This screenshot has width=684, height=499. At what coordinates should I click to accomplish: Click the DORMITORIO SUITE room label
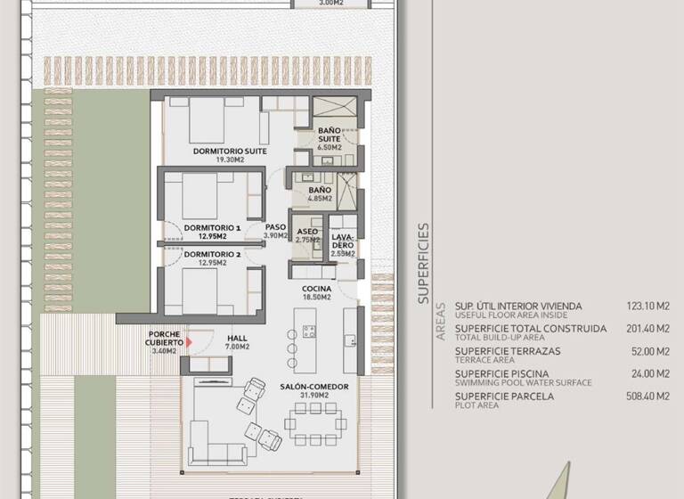pyautogui.click(x=231, y=151)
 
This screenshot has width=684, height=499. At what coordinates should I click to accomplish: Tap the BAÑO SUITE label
pyautogui.click(x=330, y=135)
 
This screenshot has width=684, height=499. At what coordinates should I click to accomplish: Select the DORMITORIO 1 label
pyautogui.click(x=213, y=228)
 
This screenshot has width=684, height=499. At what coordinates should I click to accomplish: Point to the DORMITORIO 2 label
pyautogui.click(x=213, y=254)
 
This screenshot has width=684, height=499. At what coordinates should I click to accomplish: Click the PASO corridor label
pyautogui.click(x=276, y=228)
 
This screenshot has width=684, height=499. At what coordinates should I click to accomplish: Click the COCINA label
pyautogui.click(x=316, y=290)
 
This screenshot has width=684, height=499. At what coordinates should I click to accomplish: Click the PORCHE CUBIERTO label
pyautogui.click(x=166, y=339)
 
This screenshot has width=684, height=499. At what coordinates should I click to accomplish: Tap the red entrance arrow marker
pyautogui.click(x=189, y=341)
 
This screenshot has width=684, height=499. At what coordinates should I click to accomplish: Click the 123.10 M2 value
pyautogui.click(x=647, y=306)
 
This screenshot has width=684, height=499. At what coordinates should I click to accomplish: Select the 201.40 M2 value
pyautogui.click(x=647, y=329)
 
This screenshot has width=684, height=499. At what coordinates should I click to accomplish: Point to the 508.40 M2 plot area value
pyautogui.click(x=647, y=397)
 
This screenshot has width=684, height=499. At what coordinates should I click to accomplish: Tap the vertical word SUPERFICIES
pyautogui.click(x=423, y=264)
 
